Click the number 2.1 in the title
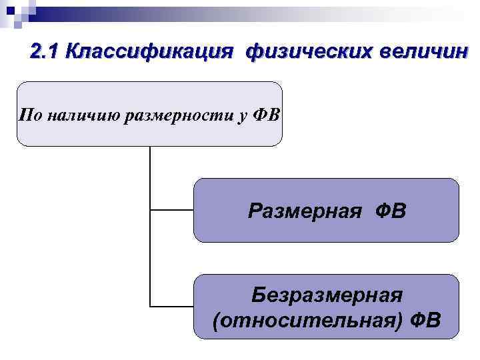point(46,52)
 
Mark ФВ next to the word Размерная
point(387,211)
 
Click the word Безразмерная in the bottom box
point(327,295)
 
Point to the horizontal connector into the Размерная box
point(172,209)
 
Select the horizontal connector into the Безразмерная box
point(172,306)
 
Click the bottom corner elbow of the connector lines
point(151,306)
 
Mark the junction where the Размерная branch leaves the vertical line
point(151,209)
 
